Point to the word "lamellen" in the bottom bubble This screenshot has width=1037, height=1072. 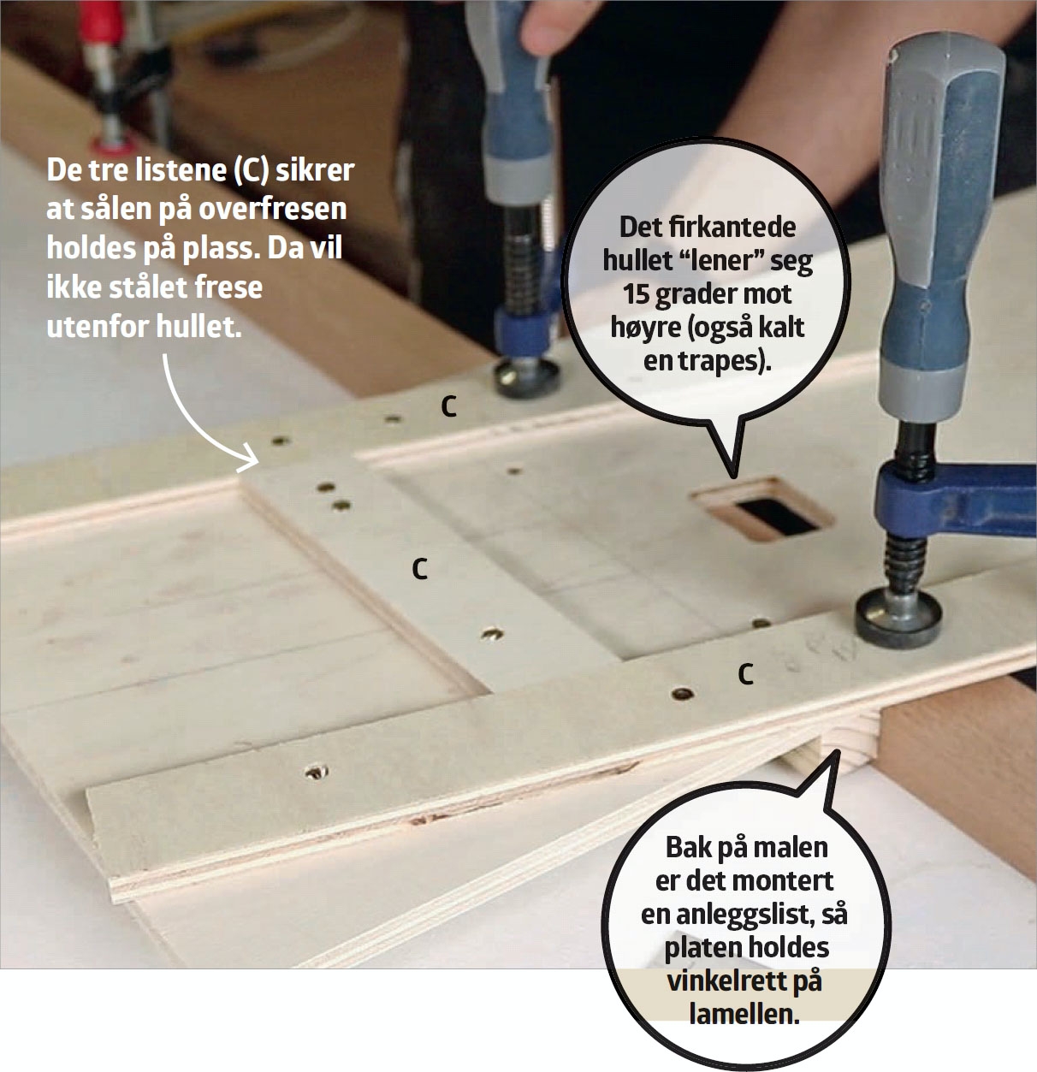(744, 1015)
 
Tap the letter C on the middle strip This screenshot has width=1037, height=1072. (420, 570)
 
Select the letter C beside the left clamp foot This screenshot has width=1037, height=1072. (448, 407)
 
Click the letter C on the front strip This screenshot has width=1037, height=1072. (745, 674)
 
